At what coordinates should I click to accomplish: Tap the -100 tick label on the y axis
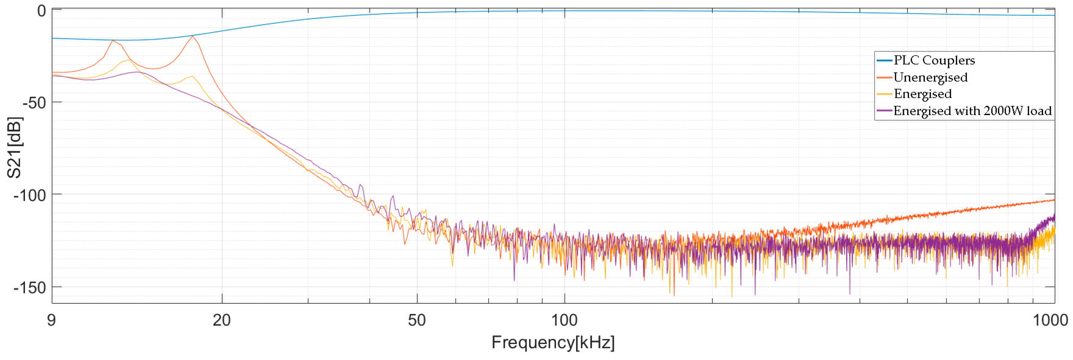tap(30, 195)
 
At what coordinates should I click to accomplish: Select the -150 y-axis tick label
tap(30, 288)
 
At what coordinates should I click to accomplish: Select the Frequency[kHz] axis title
tap(553, 343)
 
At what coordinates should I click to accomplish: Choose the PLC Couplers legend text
tap(934, 60)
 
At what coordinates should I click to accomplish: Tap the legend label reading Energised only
tap(923, 94)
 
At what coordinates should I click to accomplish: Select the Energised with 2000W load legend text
tap(973, 111)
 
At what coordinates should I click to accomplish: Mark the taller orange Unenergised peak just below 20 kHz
tap(192, 36)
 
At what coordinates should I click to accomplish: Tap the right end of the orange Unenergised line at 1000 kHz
tap(1054, 200)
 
